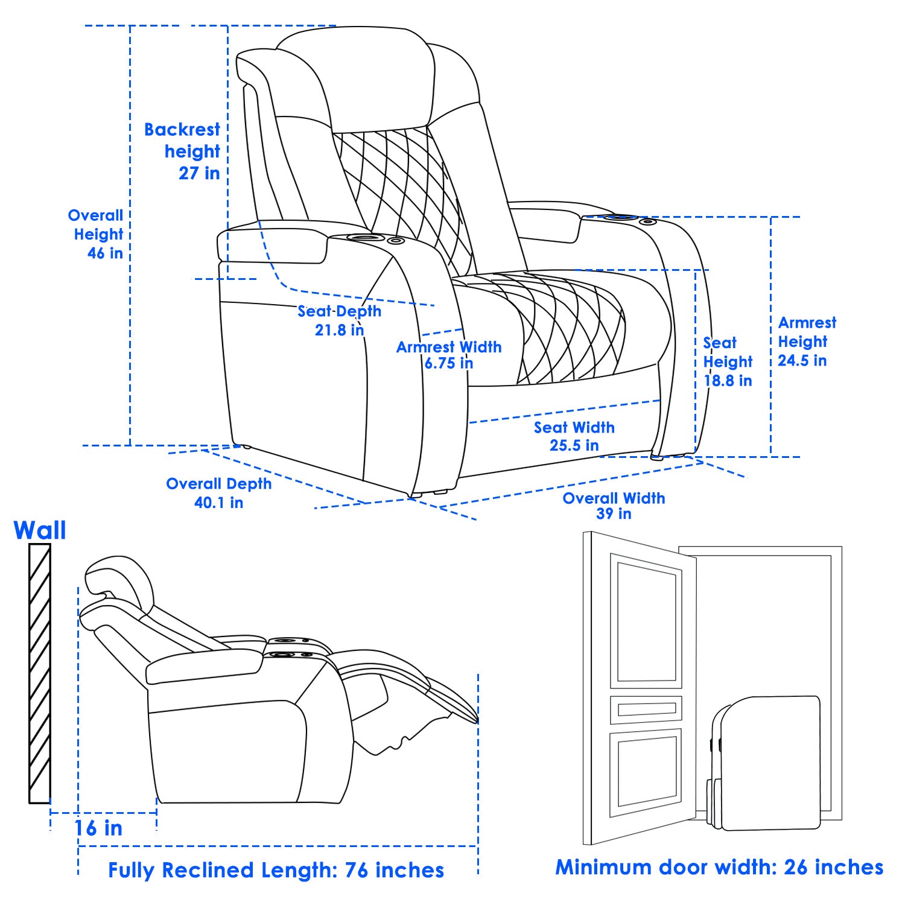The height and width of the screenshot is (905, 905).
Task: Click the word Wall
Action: tap(40, 531)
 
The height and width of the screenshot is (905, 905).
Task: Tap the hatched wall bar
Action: tap(40, 673)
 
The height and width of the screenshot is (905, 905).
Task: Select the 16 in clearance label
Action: tap(98, 828)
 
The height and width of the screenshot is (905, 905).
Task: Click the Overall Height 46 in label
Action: tap(97, 234)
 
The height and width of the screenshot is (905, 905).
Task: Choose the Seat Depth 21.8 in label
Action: tap(339, 320)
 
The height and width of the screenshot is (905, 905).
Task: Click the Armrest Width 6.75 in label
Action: tap(448, 355)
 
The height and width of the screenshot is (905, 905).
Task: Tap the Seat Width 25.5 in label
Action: tap(574, 436)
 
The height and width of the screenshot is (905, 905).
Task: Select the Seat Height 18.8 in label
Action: tap(728, 361)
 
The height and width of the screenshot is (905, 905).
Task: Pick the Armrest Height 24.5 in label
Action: tap(805, 341)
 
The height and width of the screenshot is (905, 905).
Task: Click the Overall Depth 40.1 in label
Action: tap(218, 493)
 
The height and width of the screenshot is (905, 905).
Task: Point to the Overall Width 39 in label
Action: tap(614, 506)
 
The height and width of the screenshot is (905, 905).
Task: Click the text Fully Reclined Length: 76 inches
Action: tap(276, 870)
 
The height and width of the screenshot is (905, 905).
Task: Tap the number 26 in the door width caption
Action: tap(795, 867)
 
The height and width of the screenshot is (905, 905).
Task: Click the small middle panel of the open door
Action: tap(646, 710)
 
